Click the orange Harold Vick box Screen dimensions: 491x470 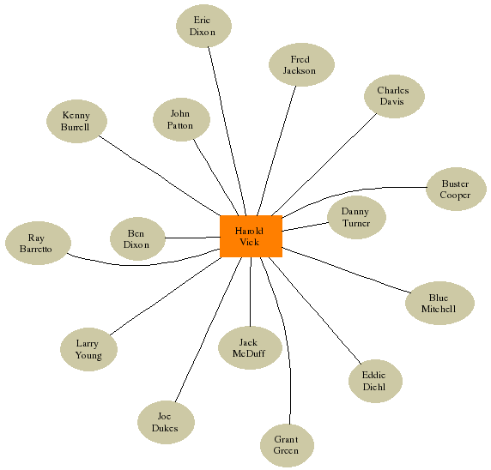pyautogui.click(x=252, y=236)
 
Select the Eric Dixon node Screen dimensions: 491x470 pyautogui.click(x=203, y=26)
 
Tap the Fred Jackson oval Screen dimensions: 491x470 pyautogui.click(x=301, y=64)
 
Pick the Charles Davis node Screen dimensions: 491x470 pyautogui.click(x=394, y=96)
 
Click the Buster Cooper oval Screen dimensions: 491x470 pyautogui.click(x=457, y=189)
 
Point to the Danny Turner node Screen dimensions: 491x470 pyautogui.click(x=356, y=218)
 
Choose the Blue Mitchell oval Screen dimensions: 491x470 pyautogui.click(x=439, y=304)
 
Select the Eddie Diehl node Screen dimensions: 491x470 pyautogui.click(x=375, y=381)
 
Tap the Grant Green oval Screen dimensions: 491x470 pyautogui.click(x=287, y=446)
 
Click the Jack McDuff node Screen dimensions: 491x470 pyautogui.click(x=250, y=347)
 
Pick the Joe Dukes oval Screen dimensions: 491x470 pyautogui.click(x=166, y=423)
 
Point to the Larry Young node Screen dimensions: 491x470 pyautogui.click(x=88, y=350)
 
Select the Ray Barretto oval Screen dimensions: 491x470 pyautogui.click(x=39, y=243)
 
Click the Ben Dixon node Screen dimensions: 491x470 pyautogui.click(x=137, y=238)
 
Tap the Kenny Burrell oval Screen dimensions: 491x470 pyautogui.click(x=76, y=122)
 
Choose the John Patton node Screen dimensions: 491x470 pyautogui.click(x=181, y=119)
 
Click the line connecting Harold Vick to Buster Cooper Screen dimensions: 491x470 pyautogui.click(x=351, y=191)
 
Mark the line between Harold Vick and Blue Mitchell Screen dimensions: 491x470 pyautogui.click(x=346, y=270)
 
